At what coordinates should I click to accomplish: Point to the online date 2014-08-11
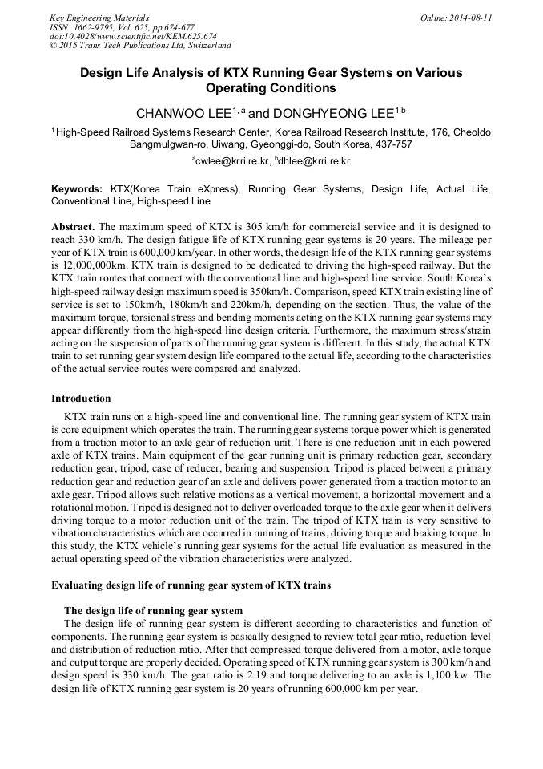coord(467,17)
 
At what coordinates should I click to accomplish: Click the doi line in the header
coord(132,36)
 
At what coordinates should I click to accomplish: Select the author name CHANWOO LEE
coord(182,113)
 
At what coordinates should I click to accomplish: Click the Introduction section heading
coord(81,398)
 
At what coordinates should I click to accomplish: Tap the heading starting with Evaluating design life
coord(191,585)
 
